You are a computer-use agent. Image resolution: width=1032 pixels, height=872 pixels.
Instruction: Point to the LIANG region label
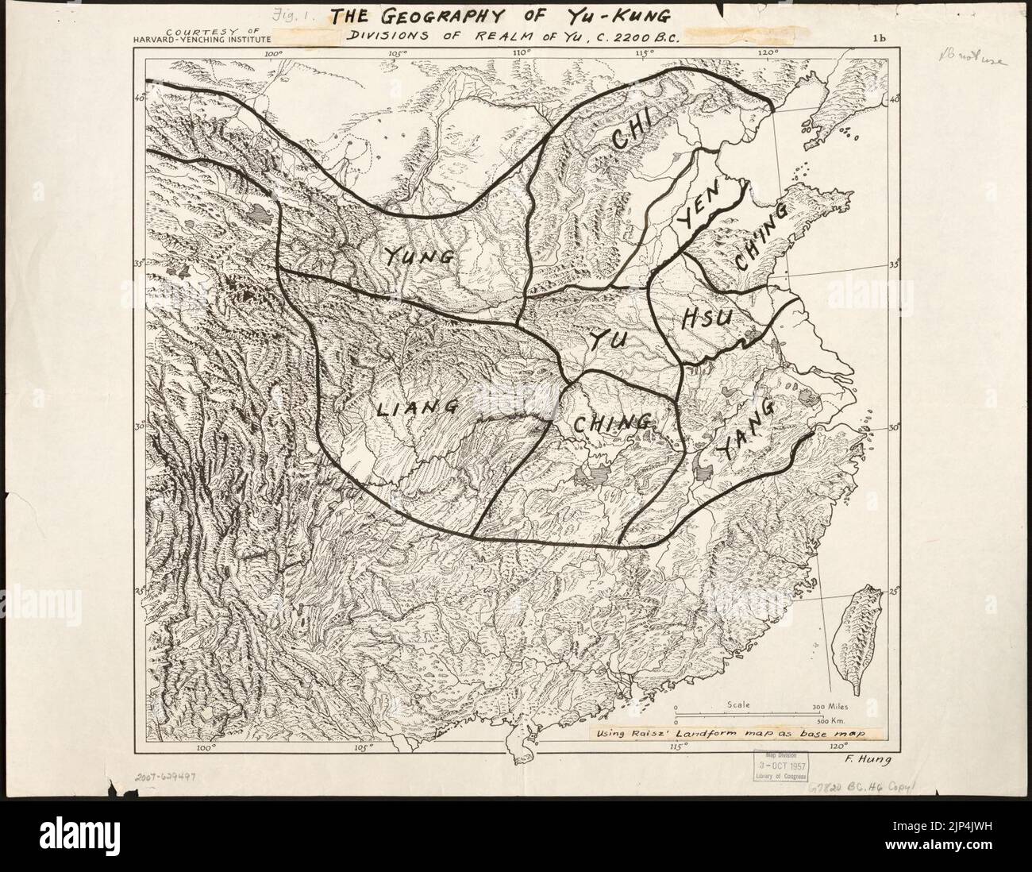(x=416, y=408)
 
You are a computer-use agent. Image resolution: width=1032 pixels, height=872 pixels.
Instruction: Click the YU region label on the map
(x=609, y=340)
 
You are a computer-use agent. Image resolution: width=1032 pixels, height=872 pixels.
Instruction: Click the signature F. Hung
(x=864, y=759)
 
